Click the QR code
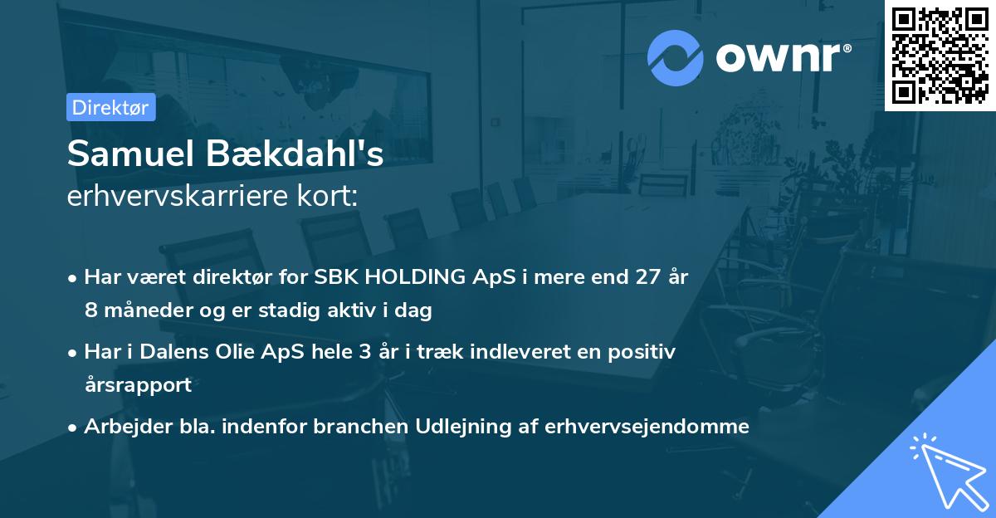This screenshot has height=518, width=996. click(x=940, y=55)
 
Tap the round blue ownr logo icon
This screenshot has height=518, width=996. click(x=676, y=57)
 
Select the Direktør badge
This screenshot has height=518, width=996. click(x=110, y=107)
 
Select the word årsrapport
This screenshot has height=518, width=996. click(x=138, y=385)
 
